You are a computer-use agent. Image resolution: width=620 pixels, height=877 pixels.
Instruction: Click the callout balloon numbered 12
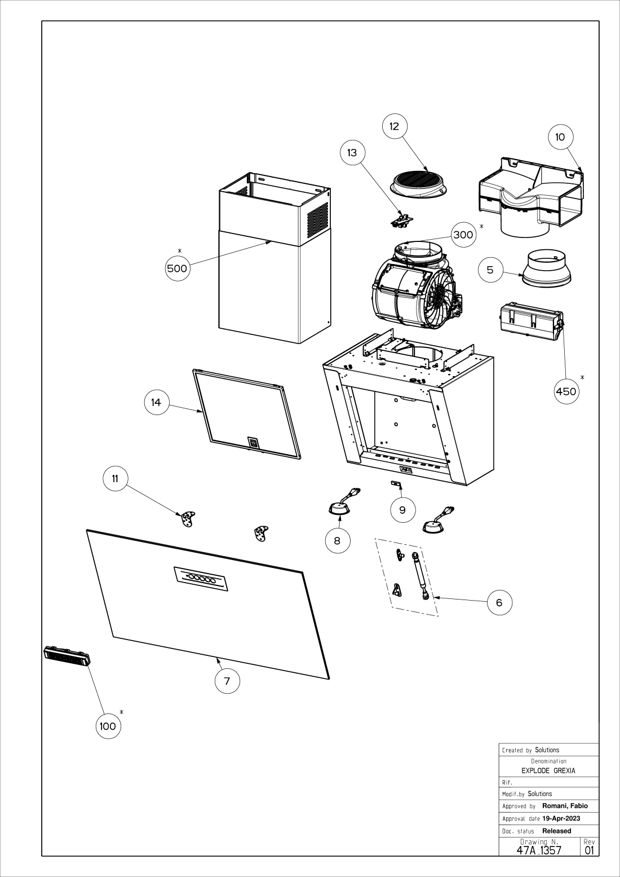[x=395, y=126]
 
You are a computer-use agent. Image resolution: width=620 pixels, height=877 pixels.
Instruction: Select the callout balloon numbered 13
[x=352, y=153]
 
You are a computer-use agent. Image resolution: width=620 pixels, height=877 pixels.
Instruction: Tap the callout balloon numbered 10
[x=560, y=137]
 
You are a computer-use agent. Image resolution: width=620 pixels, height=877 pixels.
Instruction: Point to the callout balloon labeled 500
[x=177, y=268]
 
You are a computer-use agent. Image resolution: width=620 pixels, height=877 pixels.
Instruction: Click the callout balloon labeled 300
[x=463, y=235]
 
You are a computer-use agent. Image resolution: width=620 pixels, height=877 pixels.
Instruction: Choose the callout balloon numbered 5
[x=490, y=270]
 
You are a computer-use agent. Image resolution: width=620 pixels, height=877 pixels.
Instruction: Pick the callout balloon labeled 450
[x=566, y=391]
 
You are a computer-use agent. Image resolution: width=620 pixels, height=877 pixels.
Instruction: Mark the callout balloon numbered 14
[x=156, y=402]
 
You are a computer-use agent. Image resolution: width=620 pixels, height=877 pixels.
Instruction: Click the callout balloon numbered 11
[x=115, y=479]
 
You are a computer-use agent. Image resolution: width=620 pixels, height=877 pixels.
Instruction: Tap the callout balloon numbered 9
[x=402, y=510]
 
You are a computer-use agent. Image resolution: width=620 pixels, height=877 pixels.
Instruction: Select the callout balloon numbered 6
[x=499, y=603]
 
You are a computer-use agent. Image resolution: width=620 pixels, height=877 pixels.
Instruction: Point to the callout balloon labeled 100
[x=108, y=726]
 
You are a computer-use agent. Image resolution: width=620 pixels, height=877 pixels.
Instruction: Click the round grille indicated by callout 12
[x=419, y=183]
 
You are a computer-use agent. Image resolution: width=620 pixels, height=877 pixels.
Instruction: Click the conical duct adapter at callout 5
[x=544, y=269]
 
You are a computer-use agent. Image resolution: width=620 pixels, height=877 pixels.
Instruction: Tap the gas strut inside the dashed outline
[x=420, y=576]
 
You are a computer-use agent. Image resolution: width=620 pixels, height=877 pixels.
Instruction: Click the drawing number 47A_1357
[x=539, y=849]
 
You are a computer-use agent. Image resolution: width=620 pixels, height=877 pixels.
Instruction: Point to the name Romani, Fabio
[x=565, y=806]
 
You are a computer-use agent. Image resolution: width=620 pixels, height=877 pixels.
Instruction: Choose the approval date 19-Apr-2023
[x=561, y=818]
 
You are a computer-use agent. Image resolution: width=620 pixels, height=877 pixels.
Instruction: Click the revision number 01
[x=590, y=849]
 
